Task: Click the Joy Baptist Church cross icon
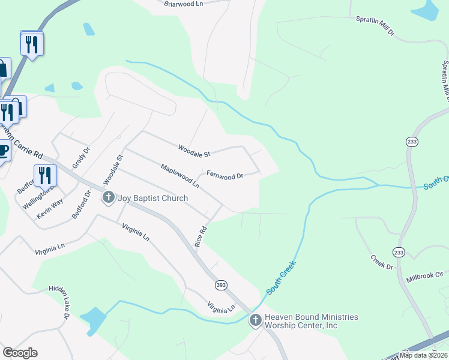(109, 197)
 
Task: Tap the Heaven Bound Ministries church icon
(255, 320)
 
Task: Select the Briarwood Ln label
(184, 4)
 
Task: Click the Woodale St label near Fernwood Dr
(194, 151)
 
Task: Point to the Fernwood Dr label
(224, 176)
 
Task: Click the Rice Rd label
(201, 238)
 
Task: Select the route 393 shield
(221, 285)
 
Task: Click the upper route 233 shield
(411, 142)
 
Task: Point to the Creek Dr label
(381, 262)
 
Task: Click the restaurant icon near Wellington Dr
(45, 175)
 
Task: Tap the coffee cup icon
(3, 150)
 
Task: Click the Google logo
(20, 353)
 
